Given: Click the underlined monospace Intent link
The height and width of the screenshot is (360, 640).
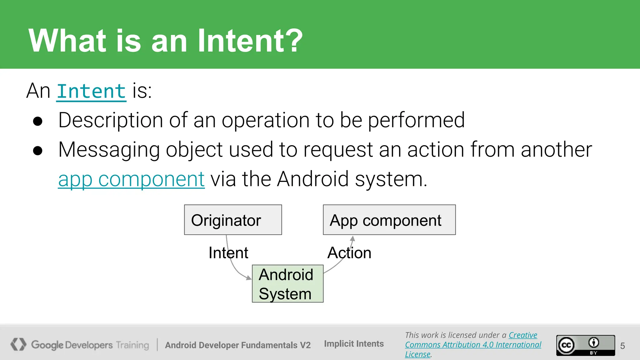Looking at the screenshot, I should pos(91,92).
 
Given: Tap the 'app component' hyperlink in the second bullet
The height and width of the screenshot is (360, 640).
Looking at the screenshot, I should pos(131,179).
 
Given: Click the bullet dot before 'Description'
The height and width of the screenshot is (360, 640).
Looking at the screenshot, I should pos(37,122).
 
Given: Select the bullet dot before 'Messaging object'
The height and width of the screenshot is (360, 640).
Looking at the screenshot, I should pos(37,151).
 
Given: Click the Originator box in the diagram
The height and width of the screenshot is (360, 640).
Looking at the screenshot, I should pos(233,220).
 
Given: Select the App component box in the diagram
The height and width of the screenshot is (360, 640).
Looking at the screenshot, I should pos(389,220).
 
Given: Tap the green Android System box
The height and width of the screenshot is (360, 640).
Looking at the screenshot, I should pos(287,284).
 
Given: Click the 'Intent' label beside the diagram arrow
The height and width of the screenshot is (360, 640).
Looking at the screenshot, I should pos(228,252).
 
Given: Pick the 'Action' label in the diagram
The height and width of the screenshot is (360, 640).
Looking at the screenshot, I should pos(349,252).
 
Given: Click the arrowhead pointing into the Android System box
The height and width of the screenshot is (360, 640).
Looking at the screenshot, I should pos(249,277).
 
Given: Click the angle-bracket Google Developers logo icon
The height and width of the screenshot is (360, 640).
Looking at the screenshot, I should pos(18,344).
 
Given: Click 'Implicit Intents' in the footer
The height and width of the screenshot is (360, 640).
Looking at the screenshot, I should pos(354,344).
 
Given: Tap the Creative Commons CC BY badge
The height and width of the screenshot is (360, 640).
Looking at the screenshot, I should pos(585,345).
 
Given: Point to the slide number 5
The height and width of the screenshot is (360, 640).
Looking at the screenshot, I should pos(622,346).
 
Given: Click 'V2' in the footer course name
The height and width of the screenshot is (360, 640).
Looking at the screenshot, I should pos(305,345).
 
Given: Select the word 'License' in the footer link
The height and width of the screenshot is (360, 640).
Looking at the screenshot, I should pos(417,354).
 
